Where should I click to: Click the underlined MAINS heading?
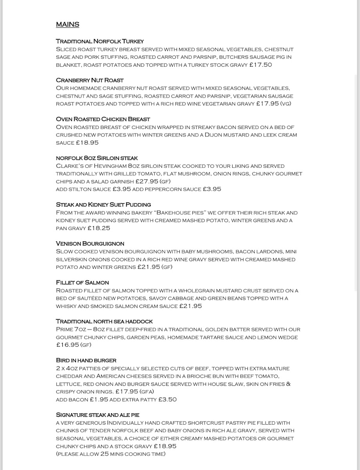pos(67,24)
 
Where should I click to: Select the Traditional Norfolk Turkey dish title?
pos(100,41)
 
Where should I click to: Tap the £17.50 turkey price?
pos(261,65)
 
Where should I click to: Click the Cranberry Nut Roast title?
pos(90,80)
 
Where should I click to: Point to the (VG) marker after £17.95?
pos(286,103)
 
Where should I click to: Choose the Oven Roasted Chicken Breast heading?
pos(103,119)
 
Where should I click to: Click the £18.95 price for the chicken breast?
pos(87,143)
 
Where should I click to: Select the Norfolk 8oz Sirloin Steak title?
pos(97,158)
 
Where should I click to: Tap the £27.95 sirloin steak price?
pos(147,181)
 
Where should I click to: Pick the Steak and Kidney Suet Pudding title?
pos(103,204)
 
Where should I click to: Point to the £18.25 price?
pos(99,228)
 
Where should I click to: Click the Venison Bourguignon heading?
pos(90,244)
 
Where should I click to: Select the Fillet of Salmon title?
pos(82,282)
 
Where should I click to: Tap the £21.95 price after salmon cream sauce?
pos(190,306)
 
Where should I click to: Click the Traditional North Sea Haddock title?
pos(104,321)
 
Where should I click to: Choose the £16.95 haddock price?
pos(67,345)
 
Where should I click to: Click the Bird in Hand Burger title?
pos(86,360)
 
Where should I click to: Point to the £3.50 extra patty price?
pos(167,399)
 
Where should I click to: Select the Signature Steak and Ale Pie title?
pos(98,415)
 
